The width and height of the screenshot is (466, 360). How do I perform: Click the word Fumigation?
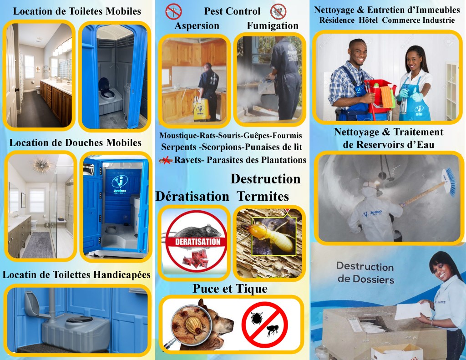[273, 26]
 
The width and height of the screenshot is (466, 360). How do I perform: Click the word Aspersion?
[197, 26]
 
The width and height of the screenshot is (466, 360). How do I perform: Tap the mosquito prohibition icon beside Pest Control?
[173, 11]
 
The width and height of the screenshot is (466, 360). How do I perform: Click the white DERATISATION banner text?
[198, 242]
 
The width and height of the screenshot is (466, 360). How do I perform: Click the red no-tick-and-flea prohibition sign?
[264, 324]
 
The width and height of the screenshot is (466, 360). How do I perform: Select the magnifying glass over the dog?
[190, 324]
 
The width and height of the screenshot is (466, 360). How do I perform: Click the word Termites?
[263, 197]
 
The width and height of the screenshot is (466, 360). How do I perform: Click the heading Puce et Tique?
[230, 289]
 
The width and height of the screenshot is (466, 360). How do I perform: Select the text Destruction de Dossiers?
[365, 273]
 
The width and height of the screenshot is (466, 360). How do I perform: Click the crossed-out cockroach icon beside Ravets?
[166, 161]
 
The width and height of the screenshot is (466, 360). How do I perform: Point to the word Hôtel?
[368, 20]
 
